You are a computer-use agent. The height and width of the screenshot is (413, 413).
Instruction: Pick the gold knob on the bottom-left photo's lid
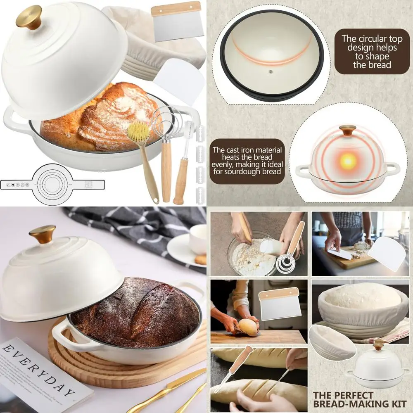(42, 234)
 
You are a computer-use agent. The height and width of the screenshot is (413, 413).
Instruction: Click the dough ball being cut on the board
(248, 326)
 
